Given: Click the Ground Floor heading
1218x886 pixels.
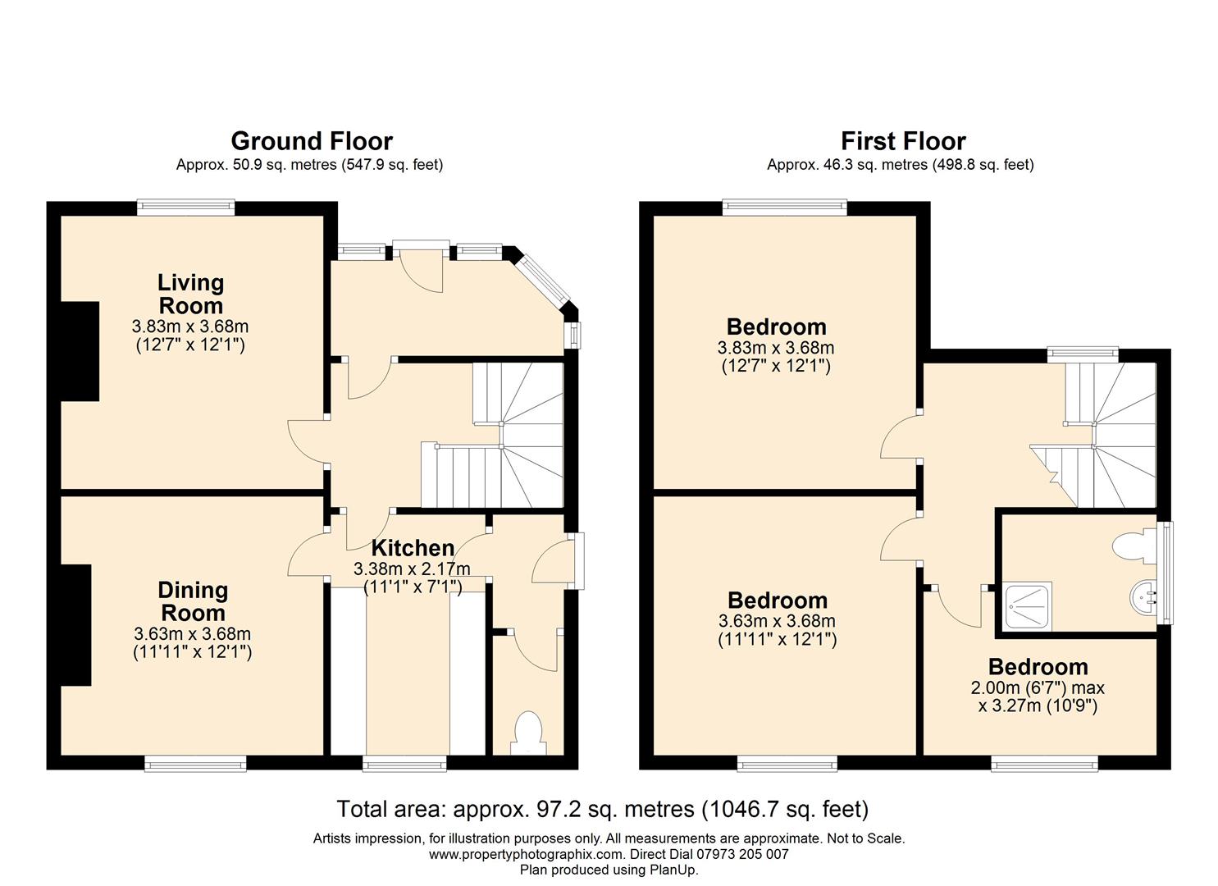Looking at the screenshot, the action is pos(312,141).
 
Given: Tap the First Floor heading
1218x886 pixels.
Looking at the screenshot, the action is pos(903,141).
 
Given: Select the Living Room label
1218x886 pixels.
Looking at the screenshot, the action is pos(190,295).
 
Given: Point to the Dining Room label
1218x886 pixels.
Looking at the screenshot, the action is pos(193,601).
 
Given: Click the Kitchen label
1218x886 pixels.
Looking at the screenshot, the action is pos(413,548).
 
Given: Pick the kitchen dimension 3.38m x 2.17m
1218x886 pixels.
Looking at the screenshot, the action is pos(412,569).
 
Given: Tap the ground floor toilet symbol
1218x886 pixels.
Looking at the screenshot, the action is pos(528,733).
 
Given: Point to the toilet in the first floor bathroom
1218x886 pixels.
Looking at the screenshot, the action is pos(1135,546).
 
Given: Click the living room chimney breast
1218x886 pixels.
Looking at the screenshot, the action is pos(80,351).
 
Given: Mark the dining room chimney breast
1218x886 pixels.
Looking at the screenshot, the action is pos(75,625).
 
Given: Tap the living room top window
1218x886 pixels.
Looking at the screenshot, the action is pos(185,207).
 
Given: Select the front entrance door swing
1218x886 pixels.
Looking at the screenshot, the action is pos(422,271).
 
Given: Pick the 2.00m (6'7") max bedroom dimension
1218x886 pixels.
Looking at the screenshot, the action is pos(1038,687).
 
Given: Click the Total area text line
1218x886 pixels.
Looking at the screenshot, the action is pos(603,810).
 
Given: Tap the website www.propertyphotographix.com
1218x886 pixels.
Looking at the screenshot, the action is pos(525,854).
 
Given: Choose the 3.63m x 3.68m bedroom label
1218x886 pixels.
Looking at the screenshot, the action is pos(777,619).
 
